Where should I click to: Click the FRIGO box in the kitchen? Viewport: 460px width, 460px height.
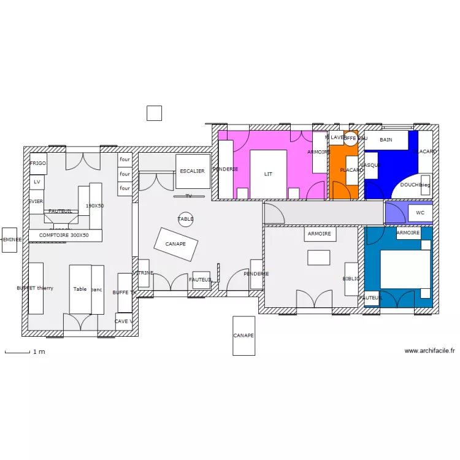click(37, 164)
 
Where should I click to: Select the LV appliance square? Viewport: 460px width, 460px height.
click(37, 182)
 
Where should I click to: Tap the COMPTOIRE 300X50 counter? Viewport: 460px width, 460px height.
click(64, 235)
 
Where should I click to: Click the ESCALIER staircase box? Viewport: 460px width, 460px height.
click(193, 171)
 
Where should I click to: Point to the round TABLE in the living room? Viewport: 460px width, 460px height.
click(185, 219)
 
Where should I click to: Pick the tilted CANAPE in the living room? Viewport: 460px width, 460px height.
click(176, 244)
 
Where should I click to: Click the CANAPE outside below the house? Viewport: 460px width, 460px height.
click(243, 335)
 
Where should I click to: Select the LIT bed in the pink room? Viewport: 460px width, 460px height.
click(268, 174)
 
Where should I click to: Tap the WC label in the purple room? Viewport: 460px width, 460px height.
click(420, 213)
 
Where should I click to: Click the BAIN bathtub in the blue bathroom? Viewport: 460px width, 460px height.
click(386, 140)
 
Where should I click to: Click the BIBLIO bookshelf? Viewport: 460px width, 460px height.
click(351, 279)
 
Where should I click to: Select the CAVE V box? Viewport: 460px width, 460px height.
click(123, 321)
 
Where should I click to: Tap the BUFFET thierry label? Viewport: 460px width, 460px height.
click(36, 288)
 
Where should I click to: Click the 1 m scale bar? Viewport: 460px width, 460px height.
click(17, 352)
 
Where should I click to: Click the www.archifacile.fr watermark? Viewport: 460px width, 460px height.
click(429, 351)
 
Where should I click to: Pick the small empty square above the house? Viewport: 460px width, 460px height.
click(154, 113)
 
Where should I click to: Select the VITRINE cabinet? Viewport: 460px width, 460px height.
click(144, 274)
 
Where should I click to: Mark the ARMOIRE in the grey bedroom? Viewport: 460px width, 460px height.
click(320, 234)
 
